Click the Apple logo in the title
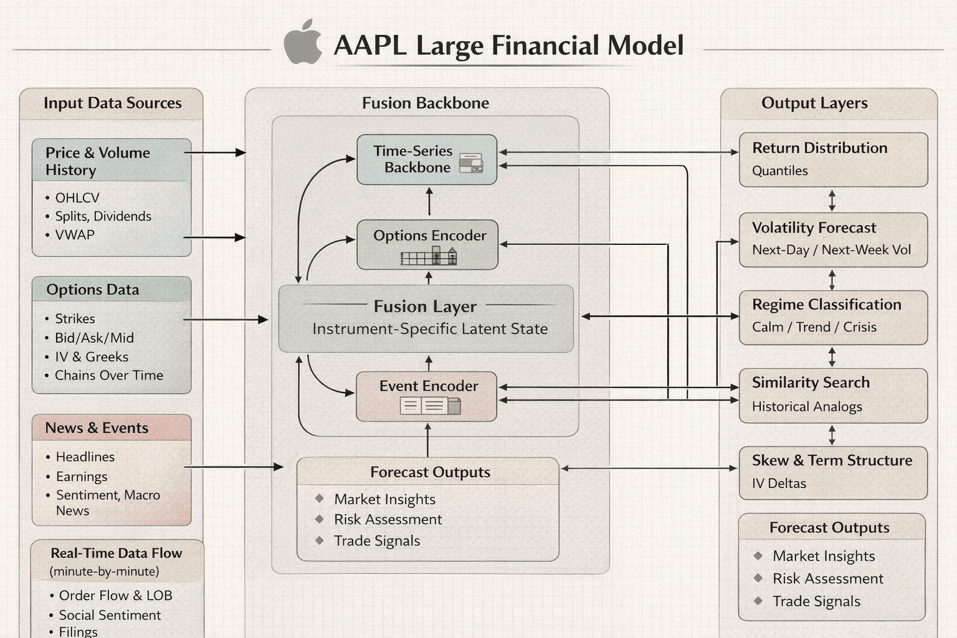click(303, 42)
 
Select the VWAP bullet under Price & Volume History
click(75, 235)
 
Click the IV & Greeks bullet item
click(91, 357)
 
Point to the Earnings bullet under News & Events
click(82, 477)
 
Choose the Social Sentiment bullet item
click(110, 615)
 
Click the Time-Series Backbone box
click(427, 159)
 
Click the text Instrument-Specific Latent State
click(430, 329)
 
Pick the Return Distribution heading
click(819, 148)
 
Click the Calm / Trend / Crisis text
click(814, 327)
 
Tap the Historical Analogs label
click(807, 407)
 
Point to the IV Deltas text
click(779, 483)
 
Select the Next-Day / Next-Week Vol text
click(831, 250)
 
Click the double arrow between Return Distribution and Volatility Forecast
click(832, 200)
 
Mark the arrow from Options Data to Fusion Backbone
click(226, 320)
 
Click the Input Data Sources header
click(112, 103)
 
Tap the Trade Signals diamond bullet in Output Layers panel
click(758, 601)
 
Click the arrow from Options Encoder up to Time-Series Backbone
click(429, 202)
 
